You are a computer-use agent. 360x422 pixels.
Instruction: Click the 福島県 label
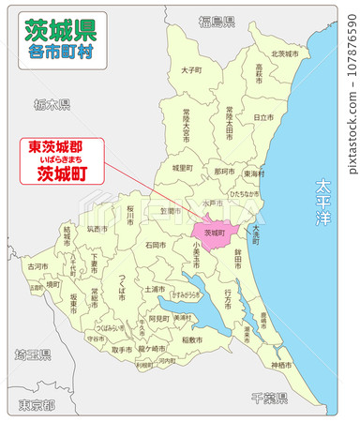(217, 20)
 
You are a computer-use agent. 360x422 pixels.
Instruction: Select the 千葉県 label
(268, 398)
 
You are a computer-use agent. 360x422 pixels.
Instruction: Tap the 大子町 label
(191, 69)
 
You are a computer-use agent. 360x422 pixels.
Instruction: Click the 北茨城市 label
(284, 53)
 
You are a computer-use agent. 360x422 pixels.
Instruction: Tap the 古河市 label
(37, 266)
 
